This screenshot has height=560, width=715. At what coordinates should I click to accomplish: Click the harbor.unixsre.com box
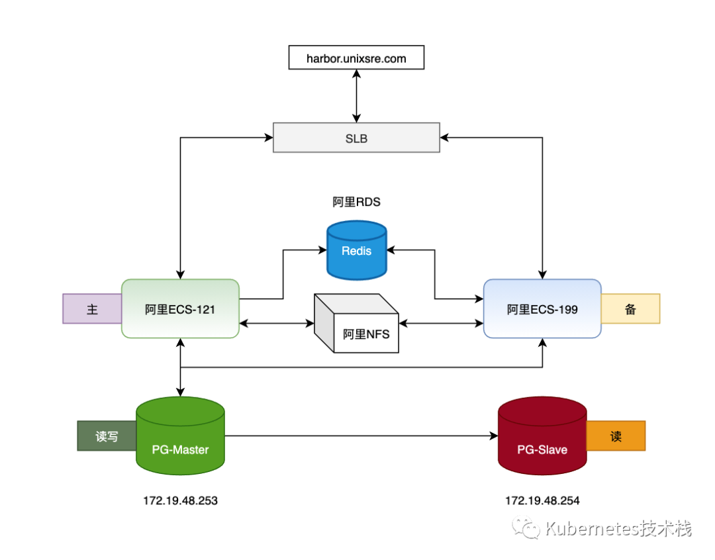[356, 58]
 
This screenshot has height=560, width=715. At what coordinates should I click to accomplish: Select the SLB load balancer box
[356, 138]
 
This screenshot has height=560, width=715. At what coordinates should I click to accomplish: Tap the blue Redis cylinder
[357, 250]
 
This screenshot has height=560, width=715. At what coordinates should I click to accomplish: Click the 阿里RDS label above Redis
[356, 202]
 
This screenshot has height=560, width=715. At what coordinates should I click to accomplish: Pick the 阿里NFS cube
[357, 323]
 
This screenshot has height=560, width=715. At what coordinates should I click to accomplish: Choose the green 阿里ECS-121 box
[180, 308]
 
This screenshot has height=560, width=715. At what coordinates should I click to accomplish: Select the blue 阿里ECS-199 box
[542, 308]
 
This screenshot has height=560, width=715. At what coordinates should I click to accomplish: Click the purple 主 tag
[92, 308]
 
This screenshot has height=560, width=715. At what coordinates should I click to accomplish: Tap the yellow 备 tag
[630, 308]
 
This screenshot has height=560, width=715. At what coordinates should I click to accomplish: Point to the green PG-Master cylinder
[180, 436]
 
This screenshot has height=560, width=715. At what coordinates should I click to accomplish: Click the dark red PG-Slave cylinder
[542, 436]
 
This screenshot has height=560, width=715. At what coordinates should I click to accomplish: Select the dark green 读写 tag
[107, 436]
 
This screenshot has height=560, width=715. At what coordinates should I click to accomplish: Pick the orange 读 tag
[616, 436]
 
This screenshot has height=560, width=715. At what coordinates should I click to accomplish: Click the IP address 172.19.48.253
[180, 500]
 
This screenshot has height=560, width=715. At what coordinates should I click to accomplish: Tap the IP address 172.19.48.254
[542, 500]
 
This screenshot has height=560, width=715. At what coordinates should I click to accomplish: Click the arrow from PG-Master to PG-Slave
[361, 436]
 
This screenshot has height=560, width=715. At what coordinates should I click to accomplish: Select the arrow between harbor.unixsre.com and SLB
[357, 96]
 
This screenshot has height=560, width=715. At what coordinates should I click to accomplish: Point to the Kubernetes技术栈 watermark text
[618, 528]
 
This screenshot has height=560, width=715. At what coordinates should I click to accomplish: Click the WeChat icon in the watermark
[526, 528]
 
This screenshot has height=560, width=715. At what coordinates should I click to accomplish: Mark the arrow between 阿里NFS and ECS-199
[441, 323]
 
